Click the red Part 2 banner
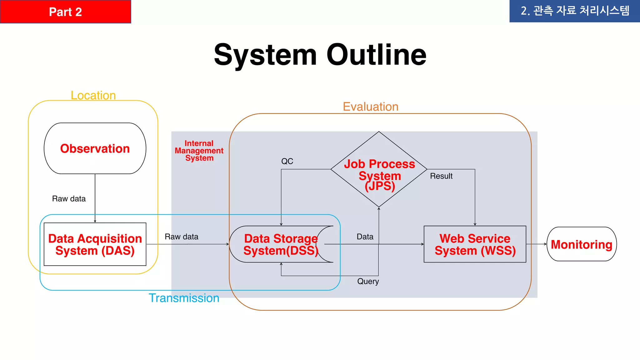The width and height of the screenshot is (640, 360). pos(65,12)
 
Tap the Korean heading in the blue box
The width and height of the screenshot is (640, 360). pos(574,11)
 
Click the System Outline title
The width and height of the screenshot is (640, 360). pos(320,55)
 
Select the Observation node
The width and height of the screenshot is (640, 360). pos(95,148)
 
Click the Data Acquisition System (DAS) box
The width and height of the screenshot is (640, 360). pos(95,244)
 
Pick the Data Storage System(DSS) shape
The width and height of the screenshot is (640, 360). pos(281,244)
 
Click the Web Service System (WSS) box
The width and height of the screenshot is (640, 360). pos(475,244)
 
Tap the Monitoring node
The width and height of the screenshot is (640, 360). pos(581,244)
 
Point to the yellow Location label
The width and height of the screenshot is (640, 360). pos(93,95)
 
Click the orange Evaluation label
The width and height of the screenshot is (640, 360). pos(370,107)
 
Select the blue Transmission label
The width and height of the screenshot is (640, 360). pos(184,298)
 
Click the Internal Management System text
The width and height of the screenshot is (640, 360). pos(199,151)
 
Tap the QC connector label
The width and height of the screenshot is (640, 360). pos(287,161)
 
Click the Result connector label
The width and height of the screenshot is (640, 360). pos(441,176)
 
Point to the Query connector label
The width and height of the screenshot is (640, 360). pos(368,281)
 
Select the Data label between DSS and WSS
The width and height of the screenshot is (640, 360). pos(365,237)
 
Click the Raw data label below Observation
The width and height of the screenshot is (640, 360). pos(69,199)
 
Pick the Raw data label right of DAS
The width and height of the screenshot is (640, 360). pos(181,237)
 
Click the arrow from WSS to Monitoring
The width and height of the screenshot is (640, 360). pos(536,244)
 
